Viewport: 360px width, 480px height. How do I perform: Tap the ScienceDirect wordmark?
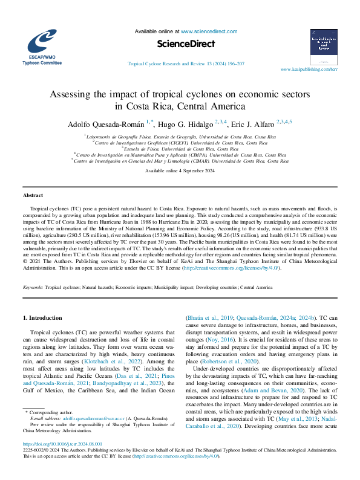[180, 44]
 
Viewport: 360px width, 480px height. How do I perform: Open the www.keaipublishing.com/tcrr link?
[309, 70]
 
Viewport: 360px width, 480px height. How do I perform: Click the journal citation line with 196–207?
[186, 63]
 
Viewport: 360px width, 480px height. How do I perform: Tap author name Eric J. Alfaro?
[252, 123]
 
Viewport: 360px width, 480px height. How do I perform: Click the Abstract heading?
[33, 196]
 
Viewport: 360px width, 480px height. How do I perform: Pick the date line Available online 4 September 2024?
[180, 171]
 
